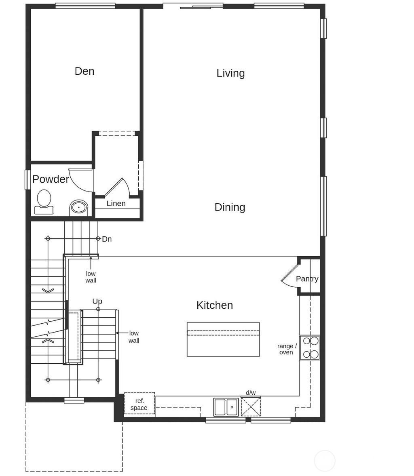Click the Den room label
tap(84, 71)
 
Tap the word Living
tap(230, 73)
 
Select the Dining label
tap(230, 207)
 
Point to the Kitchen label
tap(214, 305)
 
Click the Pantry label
tap(307, 279)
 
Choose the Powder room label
tap(51, 179)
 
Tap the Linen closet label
tap(116, 203)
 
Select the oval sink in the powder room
tap(78, 207)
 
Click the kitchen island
tap(223, 339)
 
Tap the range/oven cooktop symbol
tap(310, 348)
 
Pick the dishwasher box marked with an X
tap(251, 406)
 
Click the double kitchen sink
tap(226, 407)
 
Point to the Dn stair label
tap(107, 239)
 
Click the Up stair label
tap(97, 301)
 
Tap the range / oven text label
tap(287, 349)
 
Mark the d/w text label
tap(251, 393)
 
